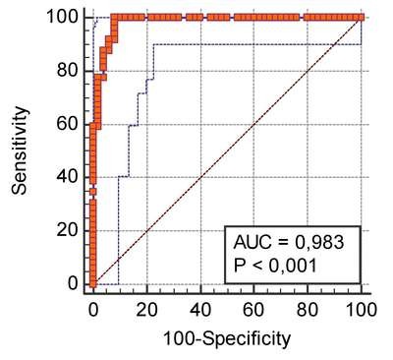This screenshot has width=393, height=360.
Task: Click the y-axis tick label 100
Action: [63, 17]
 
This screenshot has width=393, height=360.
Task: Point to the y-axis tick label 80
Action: [68, 70]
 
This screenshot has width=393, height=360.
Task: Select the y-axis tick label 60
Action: [68, 124]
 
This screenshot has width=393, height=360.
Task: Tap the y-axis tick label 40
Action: [68, 177]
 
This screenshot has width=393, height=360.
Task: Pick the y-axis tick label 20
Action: [68, 230]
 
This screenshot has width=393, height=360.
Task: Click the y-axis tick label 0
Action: [73, 283]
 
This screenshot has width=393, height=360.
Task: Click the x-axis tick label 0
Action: [93, 309]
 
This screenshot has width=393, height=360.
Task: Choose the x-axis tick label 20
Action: [147, 309]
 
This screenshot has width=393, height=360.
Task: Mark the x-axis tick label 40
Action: [200, 309]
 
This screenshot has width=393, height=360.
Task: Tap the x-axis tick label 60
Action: [253, 309]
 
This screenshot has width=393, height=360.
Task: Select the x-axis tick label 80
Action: [308, 309]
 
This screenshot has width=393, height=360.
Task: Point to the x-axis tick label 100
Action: [361, 309]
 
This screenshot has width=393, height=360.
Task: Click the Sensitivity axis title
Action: [19, 150]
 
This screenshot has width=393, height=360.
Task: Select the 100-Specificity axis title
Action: [227, 339]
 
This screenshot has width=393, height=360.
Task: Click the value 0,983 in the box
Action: [319, 242]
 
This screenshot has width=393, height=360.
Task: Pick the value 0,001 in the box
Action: [293, 266]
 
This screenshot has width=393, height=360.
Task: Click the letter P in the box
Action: [240, 266]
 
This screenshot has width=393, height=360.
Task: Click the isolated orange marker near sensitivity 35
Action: [93, 192]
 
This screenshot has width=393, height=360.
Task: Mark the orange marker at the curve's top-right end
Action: [361, 17]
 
